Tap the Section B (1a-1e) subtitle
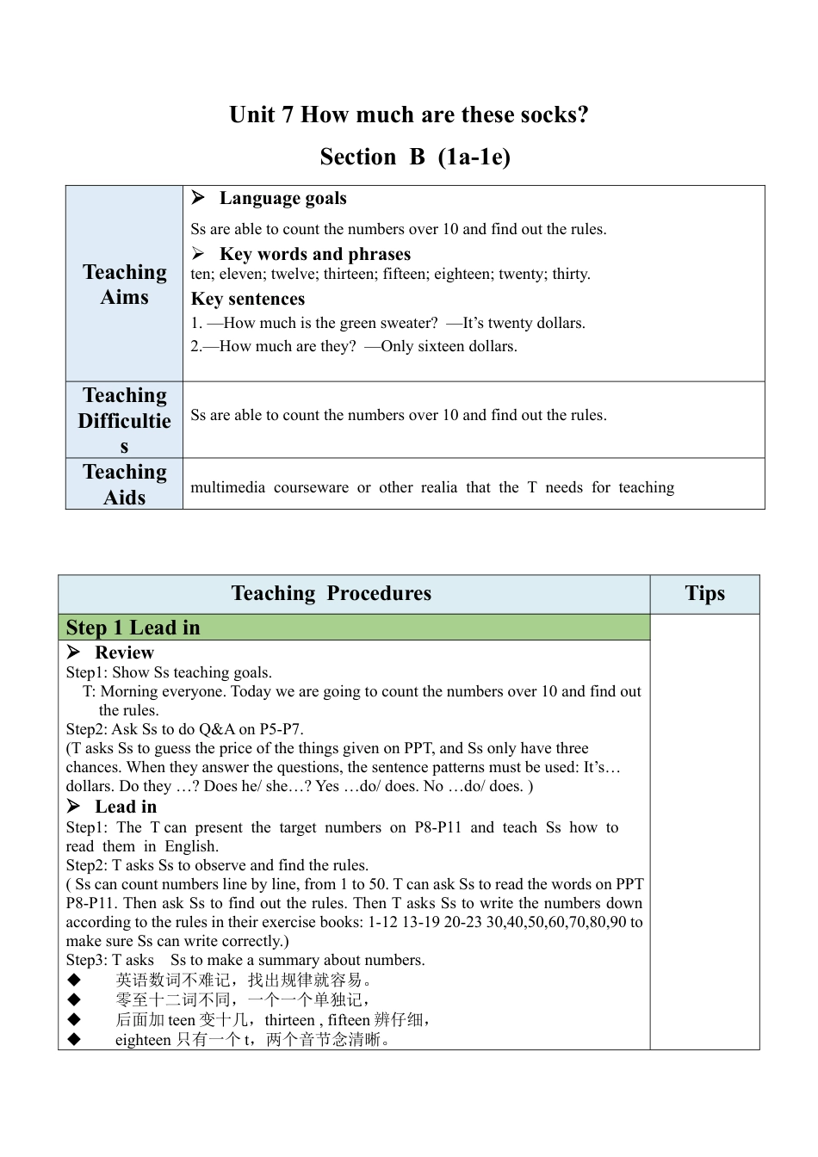pos(415,157)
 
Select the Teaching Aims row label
pos(125,284)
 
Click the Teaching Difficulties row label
pos(125,420)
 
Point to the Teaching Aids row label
pos(125,484)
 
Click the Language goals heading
pos(282,198)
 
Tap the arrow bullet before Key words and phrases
pos(198,254)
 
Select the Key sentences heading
pos(248,299)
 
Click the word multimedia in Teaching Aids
pos(227,487)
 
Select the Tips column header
pos(704,593)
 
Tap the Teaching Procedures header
pos(332,593)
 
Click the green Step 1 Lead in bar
pos(353,628)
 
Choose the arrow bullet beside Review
pos(74,653)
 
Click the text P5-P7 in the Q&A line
pos(281,729)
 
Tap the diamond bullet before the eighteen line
pos(74,1039)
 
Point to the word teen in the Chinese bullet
pos(182,1020)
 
